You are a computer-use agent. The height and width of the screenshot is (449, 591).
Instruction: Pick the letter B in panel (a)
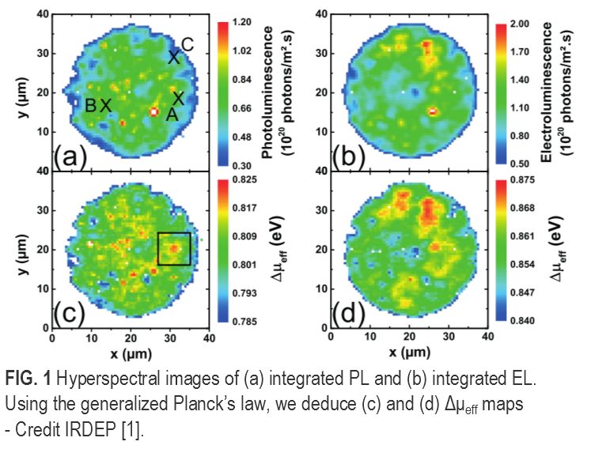pyautogui.click(x=91, y=105)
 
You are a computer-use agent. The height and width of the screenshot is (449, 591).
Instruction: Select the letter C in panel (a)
pyautogui.click(x=188, y=45)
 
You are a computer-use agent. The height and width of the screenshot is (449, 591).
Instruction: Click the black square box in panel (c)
pyautogui.click(x=173, y=249)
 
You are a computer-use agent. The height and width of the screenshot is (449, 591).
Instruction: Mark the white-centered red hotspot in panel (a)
pyautogui.click(x=153, y=111)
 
